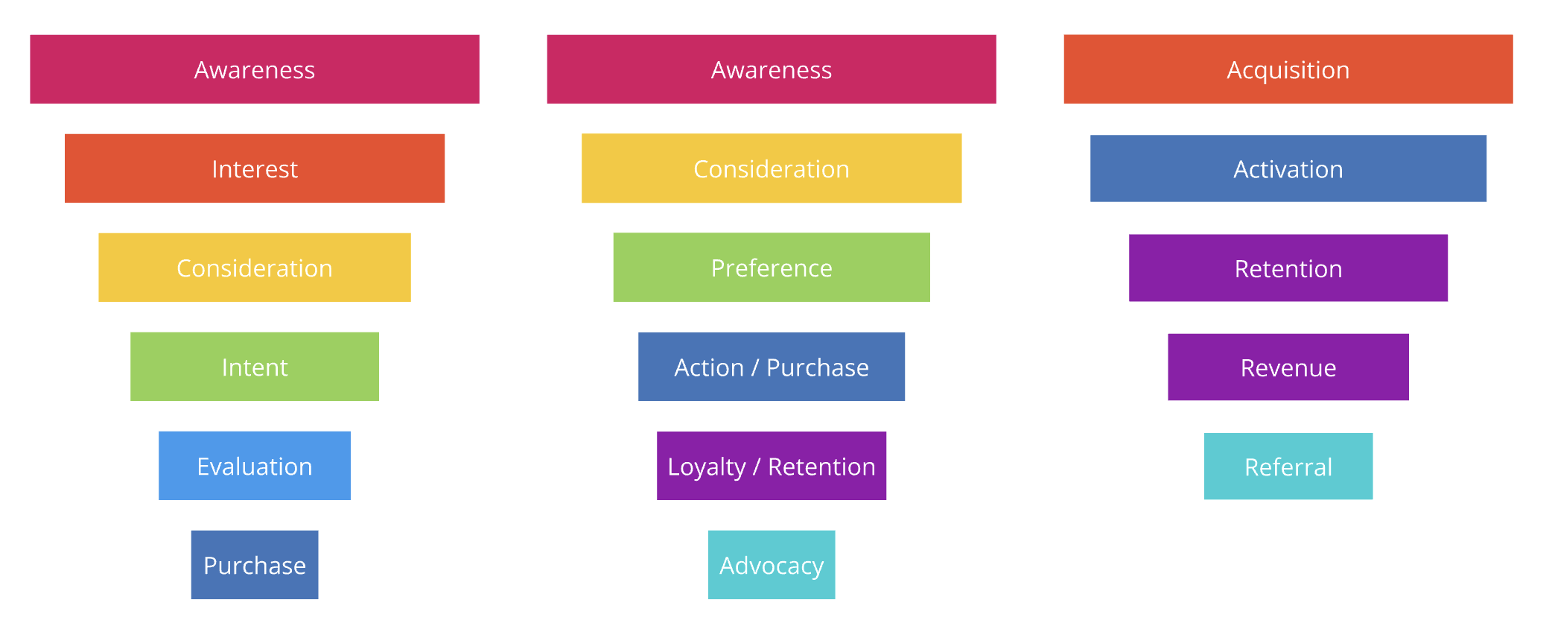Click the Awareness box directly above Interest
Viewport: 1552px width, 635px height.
[255, 69]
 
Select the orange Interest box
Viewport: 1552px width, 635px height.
[255, 168]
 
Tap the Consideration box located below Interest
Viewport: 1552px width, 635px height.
[255, 268]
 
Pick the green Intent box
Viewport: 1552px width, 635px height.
[255, 367]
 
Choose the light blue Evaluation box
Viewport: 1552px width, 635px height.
[255, 466]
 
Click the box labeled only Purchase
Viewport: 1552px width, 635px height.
[255, 565]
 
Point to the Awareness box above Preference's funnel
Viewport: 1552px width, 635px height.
[772, 69]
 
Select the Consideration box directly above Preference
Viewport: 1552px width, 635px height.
[772, 168]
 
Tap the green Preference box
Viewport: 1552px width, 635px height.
[772, 268]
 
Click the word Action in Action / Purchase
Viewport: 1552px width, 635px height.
[709, 367]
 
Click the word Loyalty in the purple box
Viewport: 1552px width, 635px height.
[707, 467]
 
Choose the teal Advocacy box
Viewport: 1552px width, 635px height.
[772, 565]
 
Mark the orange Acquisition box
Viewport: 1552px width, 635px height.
[1288, 69]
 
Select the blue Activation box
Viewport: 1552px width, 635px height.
[1288, 168]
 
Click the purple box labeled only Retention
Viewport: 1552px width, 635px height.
[1288, 268]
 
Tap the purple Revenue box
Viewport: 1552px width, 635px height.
[1288, 367]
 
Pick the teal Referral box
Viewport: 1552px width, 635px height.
[1288, 467]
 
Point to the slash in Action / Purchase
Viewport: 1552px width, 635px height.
[755, 367]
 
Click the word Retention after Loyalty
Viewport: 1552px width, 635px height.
[821, 467]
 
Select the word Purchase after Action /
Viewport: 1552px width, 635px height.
[818, 367]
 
